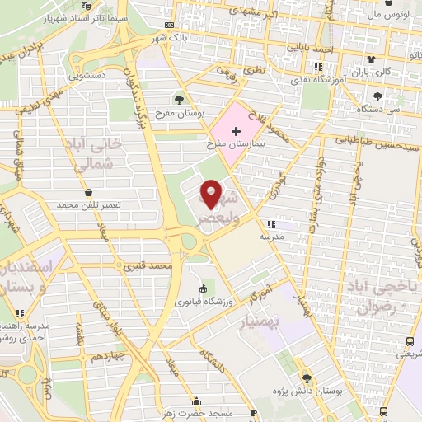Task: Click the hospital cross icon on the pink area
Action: pos(237,130)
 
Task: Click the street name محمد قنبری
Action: pos(148,266)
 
